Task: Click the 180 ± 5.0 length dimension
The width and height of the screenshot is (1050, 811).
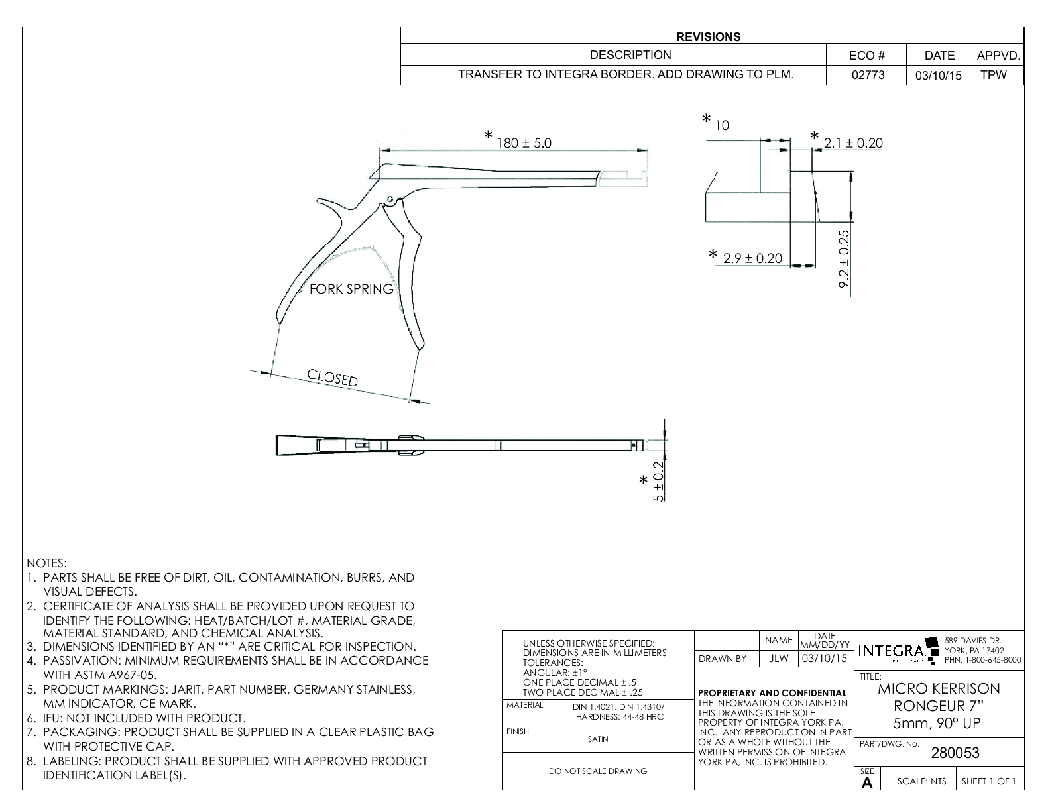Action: click(x=524, y=142)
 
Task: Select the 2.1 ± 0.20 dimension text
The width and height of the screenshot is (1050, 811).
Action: click(x=853, y=143)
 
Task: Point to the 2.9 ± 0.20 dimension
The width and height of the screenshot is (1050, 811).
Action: click(x=752, y=258)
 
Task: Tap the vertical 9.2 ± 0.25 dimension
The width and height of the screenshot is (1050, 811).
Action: click(x=844, y=258)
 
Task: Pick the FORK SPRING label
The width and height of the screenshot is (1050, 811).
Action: click(x=351, y=289)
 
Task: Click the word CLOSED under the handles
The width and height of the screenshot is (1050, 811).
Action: click(x=332, y=378)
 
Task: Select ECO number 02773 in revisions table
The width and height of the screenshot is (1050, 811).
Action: click(x=868, y=75)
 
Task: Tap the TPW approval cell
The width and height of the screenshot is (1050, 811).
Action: click(x=993, y=75)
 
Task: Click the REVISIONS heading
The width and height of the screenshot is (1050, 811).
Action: click(x=708, y=37)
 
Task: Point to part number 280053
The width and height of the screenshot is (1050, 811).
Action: click(x=955, y=753)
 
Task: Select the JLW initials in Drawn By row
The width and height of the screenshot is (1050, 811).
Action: click(x=778, y=659)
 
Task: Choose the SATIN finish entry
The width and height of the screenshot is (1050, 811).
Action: click(x=598, y=739)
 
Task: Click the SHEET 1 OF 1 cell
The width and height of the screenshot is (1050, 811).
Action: click(x=989, y=781)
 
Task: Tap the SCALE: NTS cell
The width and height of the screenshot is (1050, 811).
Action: click(x=921, y=781)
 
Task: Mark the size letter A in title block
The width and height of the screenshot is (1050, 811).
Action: click(x=867, y=783)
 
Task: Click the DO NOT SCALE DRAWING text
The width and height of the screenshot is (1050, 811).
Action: click(x=598, y=771)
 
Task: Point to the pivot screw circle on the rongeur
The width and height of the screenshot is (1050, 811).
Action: click(x=390, y=199)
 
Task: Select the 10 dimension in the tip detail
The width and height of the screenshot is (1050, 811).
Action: click(x=723, y=125)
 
